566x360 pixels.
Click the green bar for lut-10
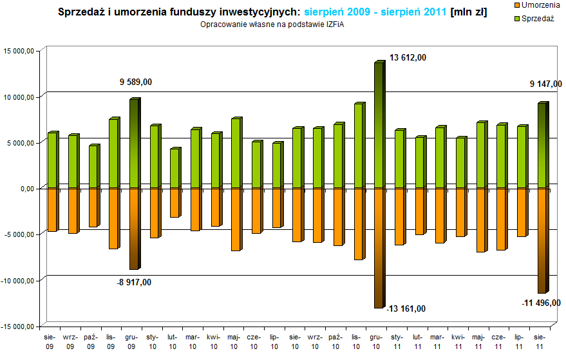tap(175, 169)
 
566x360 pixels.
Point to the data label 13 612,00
tap(408, 58)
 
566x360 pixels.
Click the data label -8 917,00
tap(134, 282)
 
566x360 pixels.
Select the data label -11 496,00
tap(540, 303)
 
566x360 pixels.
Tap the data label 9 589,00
tap(136, 82)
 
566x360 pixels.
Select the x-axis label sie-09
tap(50, 341)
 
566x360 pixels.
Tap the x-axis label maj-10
tap(234, 341)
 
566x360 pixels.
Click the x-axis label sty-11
tap(397, 341)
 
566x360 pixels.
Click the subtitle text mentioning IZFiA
tap(268, 24)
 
